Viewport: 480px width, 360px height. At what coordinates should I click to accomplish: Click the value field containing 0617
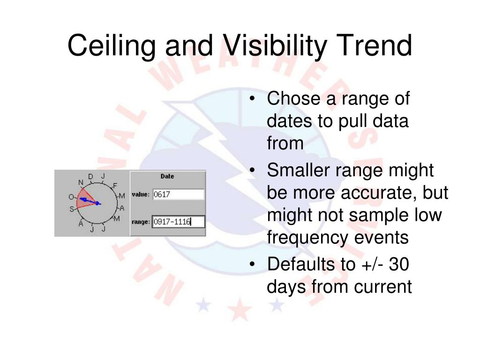click(178, 195)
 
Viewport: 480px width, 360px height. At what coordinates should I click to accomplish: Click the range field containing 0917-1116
click(178, 222)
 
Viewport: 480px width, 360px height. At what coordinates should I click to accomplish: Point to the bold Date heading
click(167, 176)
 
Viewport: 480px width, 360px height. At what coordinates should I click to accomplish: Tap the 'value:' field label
click(141, 195)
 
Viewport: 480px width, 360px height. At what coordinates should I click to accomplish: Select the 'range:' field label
click(141, 222)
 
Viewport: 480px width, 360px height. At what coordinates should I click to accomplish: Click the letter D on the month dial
click(90, 177)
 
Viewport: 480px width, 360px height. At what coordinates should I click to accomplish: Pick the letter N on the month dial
click(81, 182)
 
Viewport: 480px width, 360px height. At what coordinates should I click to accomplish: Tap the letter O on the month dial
click(71, 197)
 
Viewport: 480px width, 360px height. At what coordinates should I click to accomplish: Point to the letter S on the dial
click(72, 209)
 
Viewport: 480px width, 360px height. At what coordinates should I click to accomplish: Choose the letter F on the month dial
click(115, 186)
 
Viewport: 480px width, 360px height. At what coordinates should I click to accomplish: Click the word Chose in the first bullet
click(293, 98)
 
